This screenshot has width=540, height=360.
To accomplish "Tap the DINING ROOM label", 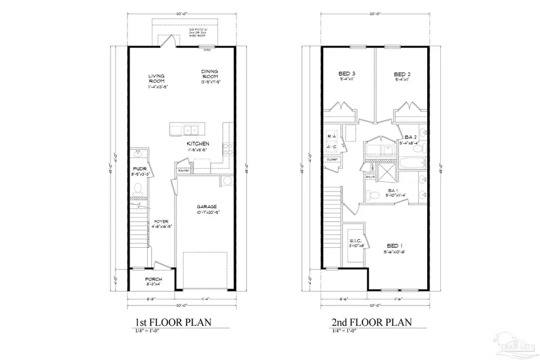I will click(210, 74).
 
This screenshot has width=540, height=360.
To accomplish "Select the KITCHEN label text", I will click(197, 144).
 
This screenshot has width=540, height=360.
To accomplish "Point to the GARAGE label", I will click(206, 206).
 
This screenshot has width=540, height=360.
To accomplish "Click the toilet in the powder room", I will click(138, 190).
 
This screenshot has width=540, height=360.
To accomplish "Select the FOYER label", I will click(161, 221).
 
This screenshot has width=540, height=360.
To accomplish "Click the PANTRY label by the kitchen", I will click(184, 170).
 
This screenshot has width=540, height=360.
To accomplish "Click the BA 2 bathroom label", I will click(411, 137).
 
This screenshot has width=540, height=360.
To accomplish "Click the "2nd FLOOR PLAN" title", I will click(372, 322).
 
